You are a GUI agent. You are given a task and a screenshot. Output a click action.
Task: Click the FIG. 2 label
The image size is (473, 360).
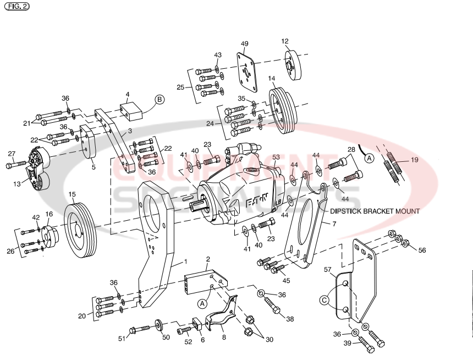(16, 7)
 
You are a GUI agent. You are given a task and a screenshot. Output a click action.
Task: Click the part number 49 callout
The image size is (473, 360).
(245, 44)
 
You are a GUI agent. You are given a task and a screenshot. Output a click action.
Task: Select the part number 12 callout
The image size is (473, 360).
(285, 41)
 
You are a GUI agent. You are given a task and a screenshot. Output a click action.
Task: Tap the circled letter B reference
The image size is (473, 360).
(159, 99)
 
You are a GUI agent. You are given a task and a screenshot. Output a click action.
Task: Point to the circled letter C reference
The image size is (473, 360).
(325, 300)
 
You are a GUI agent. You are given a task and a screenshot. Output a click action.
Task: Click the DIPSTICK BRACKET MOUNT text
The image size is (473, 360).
(375, 211)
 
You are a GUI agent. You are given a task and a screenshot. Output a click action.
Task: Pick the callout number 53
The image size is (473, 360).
(276, 157)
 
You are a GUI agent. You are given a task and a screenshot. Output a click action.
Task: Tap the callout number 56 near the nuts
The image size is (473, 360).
(422, 250)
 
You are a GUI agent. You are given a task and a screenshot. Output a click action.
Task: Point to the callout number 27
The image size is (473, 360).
(12, 154)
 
